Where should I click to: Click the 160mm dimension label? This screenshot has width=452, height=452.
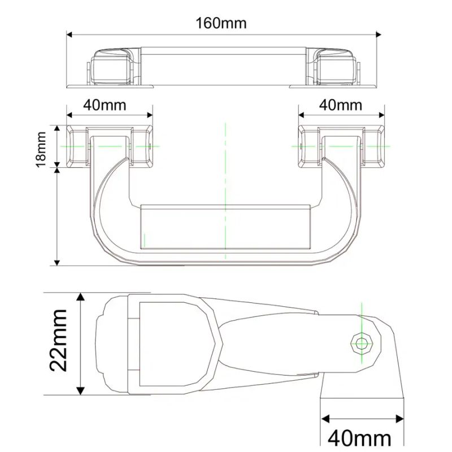pyautogui.click(x=221, y=23)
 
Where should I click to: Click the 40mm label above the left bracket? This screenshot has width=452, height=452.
pyautogui.click(x=105, y=105)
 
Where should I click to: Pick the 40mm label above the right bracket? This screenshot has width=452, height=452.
pyautogui.click(x=341, y=105)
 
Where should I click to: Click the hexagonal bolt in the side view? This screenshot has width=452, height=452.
pyautogui.click(x=361, y=343)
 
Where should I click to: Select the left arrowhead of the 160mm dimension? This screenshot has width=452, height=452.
pyautogui.click(x=71, y=34)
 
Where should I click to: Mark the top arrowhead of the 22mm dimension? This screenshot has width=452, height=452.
pyautogui.click(x=81, y=298)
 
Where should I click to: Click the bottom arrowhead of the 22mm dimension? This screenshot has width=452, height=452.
pyautogui.click(x=81, y=391)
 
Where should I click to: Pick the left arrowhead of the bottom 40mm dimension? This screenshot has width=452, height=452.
pyautogui.click(x=325, y=419)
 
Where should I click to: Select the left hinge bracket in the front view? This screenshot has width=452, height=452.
pyautogui.click(x=110, y=146)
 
